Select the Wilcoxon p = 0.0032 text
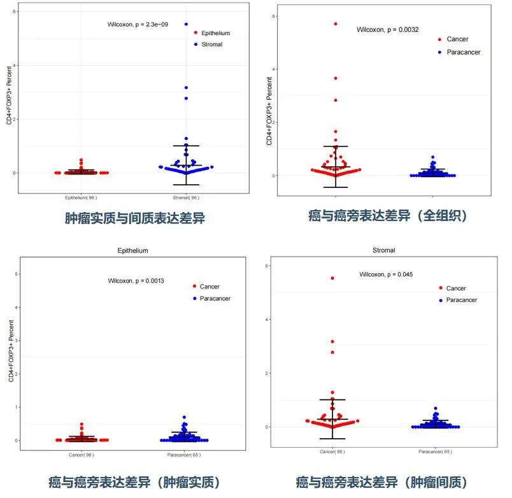[x=387, y=30]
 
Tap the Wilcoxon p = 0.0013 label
[x=136, y=281]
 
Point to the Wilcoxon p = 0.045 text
[x=386, y=274]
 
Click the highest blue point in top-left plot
[x=186, y=24]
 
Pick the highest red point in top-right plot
[x=336, y=24]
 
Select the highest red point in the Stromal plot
[x=332, y=278]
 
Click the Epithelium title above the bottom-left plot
[x=133, y=251]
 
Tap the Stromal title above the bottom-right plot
[x=383, y=250]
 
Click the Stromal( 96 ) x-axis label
[x=186, y=197]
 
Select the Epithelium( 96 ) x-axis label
[x=81, y=197]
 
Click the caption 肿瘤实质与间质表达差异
[x=134, y=218]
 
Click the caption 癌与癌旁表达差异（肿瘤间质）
[x=382, y=482]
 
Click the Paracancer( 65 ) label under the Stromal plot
[x=436, y=452]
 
